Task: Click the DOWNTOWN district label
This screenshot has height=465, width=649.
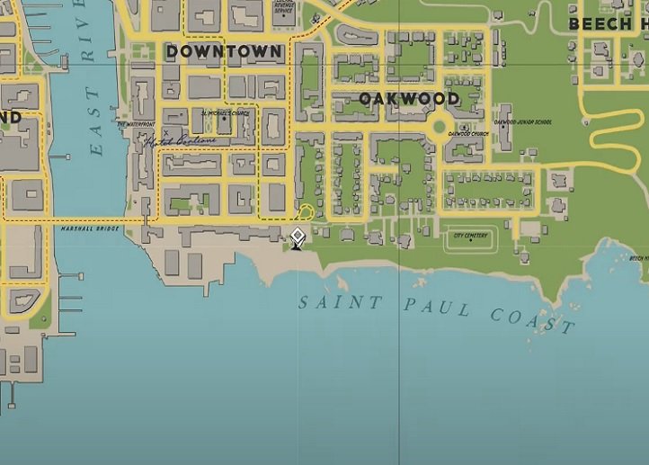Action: (x=224, y=52)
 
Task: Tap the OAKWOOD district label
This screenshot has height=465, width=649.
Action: (x=409, y=98)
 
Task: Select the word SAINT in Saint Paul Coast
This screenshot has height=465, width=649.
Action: (x=341, y=302)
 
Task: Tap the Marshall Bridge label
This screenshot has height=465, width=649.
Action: (x=90, y=228)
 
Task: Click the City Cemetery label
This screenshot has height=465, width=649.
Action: (x=470, y=236)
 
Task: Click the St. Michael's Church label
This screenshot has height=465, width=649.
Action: (x=225, y=113)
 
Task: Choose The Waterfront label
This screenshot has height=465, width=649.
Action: (x=136, y=124)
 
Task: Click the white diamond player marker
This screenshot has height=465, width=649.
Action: (x=297, y=237)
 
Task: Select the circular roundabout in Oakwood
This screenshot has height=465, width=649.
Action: (x=440, y=127)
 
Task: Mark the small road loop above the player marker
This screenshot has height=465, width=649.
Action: (x=307, y=212)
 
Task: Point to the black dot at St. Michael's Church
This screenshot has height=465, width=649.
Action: (x=225, y=120)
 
